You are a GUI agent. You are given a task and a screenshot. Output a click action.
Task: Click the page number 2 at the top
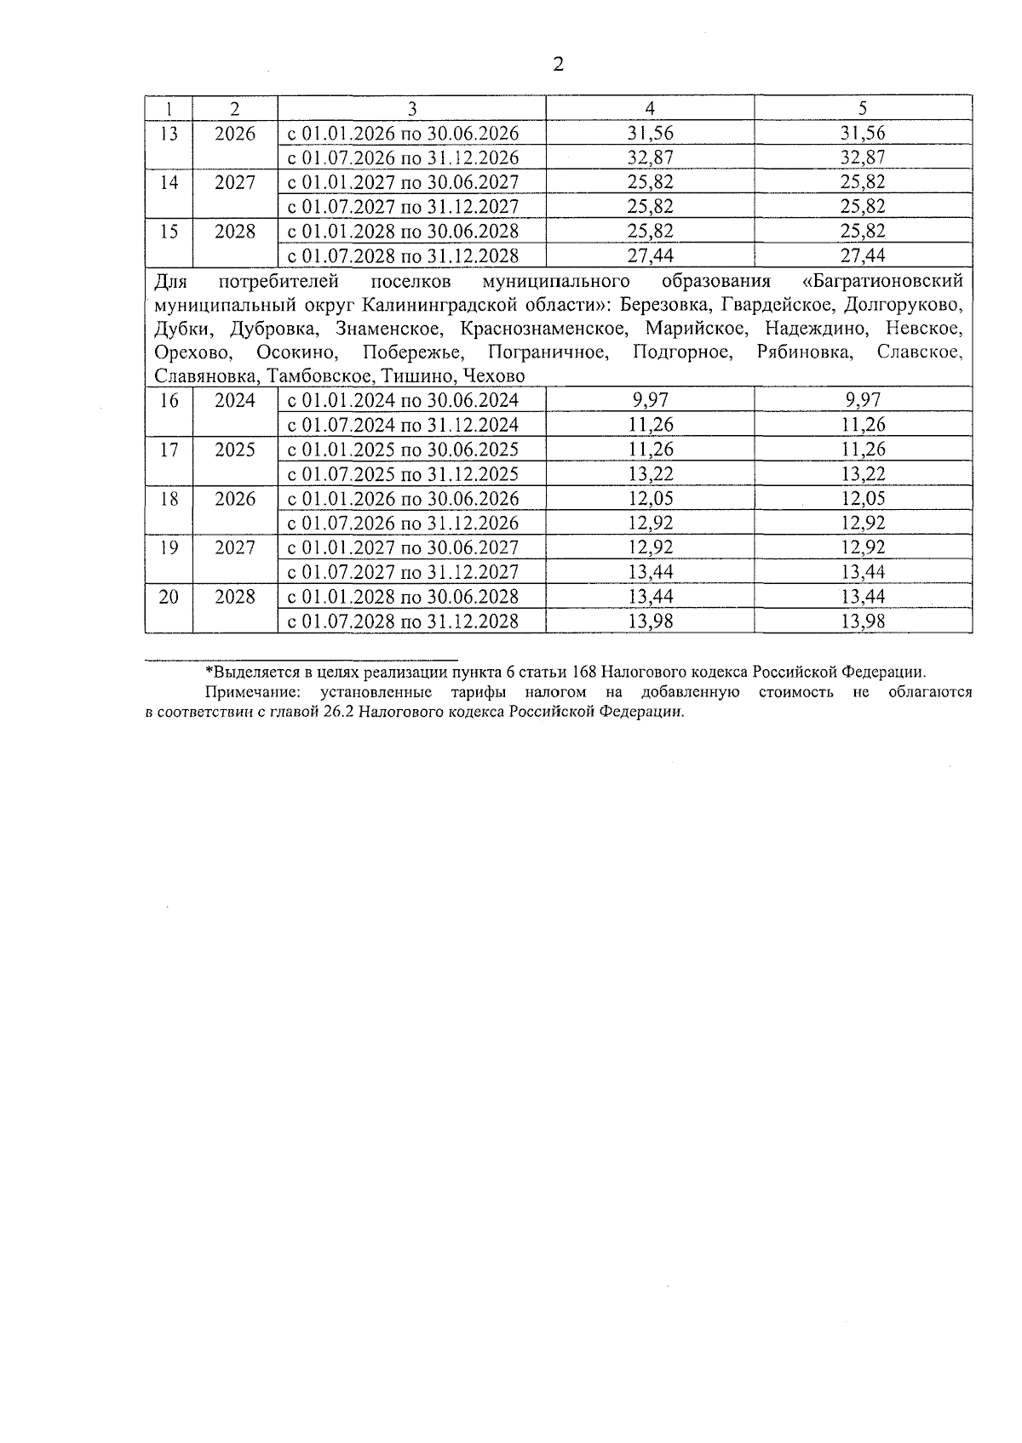tap(559, 65)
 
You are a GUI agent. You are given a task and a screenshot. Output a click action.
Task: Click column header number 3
tap(411, 108)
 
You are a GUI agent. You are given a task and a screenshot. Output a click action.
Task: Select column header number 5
tap(863, 108)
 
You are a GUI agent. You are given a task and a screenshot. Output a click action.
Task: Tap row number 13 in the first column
tap(169, 134)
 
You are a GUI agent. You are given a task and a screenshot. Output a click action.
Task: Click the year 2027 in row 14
tap(234, 182)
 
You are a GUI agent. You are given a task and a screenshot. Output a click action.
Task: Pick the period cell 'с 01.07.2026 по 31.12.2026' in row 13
tap(403, 158)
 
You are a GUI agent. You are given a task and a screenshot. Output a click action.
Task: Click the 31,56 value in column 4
tap(650, 134)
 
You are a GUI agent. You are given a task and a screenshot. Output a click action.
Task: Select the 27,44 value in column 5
tap(863, 256)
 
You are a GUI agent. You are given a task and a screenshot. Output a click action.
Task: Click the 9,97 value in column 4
tap(650, 400)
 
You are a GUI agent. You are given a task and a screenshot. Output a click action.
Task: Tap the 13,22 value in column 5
tap(863, 474)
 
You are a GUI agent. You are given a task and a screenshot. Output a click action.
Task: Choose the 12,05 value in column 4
tap(650, 499)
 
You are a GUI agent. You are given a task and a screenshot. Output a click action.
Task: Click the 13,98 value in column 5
tap(863, 621)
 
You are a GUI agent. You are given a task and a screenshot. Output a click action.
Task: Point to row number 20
tap(169, 597)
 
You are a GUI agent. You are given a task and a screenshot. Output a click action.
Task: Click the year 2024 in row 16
tap(234, 400)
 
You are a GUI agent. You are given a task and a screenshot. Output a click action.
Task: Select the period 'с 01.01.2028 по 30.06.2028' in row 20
tap(403, 597)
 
